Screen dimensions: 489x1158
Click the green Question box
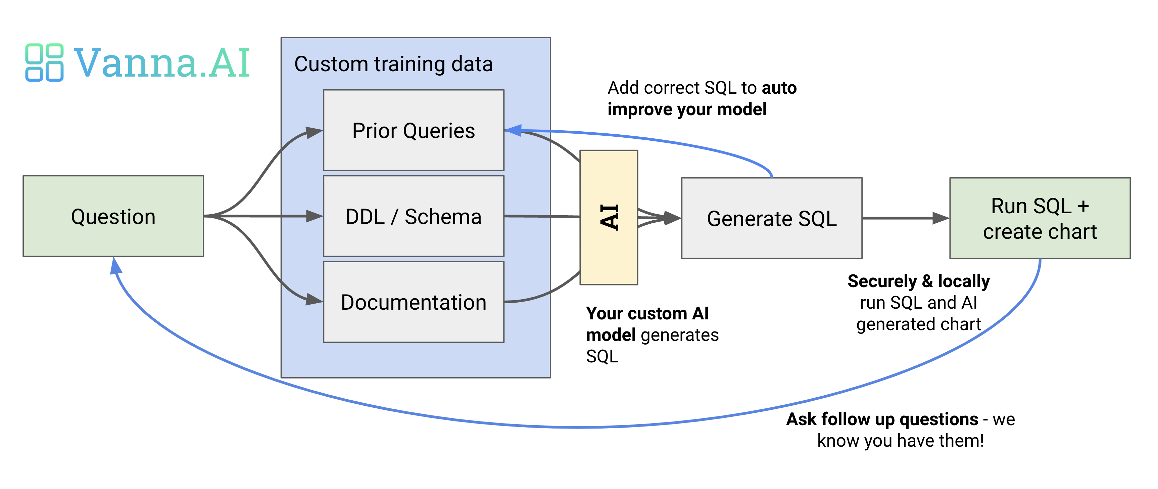[113, 216]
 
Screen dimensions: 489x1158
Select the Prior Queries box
[414, 130]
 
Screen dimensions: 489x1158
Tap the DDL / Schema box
[414, 216]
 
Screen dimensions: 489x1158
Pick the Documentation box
[414, 302]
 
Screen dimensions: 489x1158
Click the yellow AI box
[609, 217]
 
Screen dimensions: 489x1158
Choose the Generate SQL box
[771, 218]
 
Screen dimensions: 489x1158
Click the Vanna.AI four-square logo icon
[44, 62]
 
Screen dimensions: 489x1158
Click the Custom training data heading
[393, 64]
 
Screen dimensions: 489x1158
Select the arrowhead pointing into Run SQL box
[940, 218]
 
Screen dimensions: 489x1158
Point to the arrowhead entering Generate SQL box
[673, 218]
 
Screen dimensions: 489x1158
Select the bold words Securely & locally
[918, 281]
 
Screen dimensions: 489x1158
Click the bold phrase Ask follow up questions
[882, 419]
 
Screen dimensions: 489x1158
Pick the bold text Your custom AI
[647, 313]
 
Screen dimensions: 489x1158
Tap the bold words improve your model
[687, 109]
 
